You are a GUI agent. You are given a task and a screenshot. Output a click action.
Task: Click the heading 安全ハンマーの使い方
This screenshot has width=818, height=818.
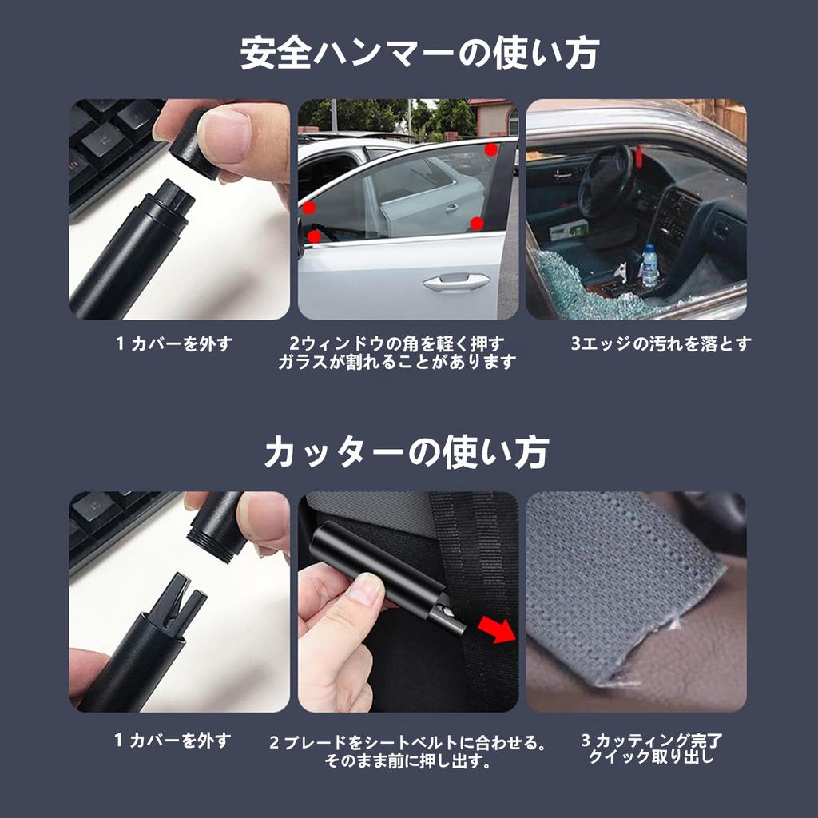[419, 54]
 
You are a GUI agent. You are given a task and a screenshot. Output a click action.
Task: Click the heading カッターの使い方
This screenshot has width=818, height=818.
[407, 451]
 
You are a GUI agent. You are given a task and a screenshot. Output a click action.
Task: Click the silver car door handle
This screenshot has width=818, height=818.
[455, 282]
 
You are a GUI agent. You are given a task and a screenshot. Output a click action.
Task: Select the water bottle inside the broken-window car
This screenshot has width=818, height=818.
[649, 266]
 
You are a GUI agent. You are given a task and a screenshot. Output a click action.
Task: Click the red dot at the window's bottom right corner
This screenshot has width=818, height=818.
[477, 224]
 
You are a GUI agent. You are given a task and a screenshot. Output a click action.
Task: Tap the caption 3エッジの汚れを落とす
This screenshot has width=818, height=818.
[661, 344]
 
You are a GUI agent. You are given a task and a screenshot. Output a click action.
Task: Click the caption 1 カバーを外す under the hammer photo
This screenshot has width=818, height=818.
[174, 344]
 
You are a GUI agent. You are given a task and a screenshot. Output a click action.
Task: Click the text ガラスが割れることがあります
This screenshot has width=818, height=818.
[397, 363]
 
